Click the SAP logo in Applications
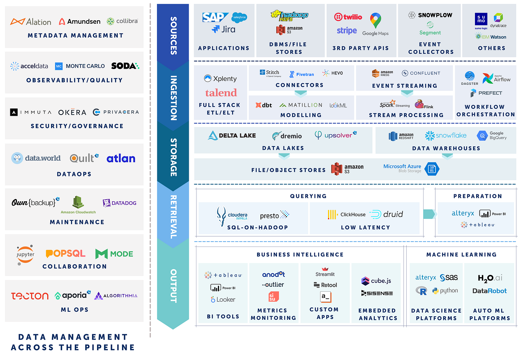point(214,17)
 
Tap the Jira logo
point(224,30)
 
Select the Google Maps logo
point(376,25)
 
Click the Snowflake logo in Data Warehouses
point(446,135)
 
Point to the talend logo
point(221,93)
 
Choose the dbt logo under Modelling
point(264,105)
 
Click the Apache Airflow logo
point(496,79)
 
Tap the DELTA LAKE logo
point(232,135)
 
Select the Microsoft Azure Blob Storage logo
point(411,168)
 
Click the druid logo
point(387,214)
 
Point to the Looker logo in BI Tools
point(223,299)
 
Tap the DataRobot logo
point(490,291)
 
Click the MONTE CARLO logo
point(80,66)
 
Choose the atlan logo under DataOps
point(121,158)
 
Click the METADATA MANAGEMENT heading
point(76,36)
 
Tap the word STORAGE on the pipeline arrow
point(173,157)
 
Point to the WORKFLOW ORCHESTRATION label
point(485,110)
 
